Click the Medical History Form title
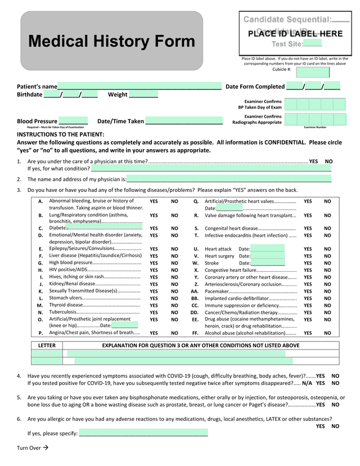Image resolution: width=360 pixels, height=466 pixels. point(111,42)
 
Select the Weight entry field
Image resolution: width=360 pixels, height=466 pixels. point(143,95)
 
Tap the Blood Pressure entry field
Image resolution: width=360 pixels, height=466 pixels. point(73,121)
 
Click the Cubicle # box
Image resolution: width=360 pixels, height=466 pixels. point(313,71)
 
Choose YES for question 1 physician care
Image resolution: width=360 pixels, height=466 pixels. point(313,162)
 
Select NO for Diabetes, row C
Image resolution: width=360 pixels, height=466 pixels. point(174,228)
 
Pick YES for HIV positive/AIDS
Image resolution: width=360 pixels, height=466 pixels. point(154,270)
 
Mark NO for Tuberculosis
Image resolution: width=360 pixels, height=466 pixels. point(174,312)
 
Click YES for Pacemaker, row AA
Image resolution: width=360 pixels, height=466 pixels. point(308,291)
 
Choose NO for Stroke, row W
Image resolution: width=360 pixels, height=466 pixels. point(327,263)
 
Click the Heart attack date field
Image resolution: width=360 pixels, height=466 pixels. point(268,249)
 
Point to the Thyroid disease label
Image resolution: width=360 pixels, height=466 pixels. point(66,305)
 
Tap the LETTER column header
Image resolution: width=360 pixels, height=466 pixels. point(47,345)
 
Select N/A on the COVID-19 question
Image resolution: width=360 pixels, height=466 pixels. point(307,383)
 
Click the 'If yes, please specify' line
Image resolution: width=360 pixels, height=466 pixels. point(143,433)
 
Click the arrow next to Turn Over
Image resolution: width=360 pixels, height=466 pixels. point(46,447)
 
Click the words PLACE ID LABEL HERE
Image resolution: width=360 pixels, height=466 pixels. point(295,34)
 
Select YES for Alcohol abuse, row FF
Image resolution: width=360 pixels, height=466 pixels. point(308,333)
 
